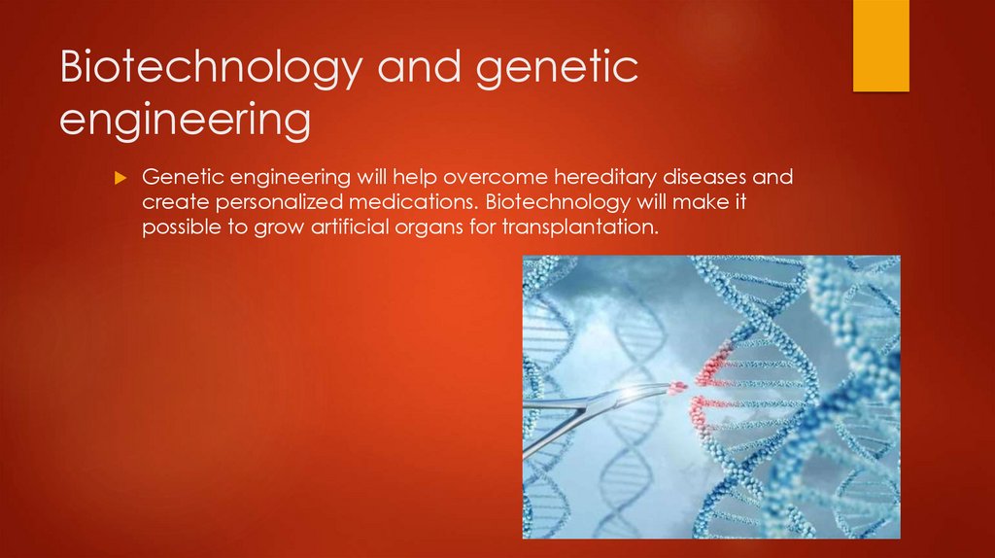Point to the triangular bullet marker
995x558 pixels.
click(121, 179)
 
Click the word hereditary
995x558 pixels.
click(608, 179)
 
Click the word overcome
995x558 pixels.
click(493, 179)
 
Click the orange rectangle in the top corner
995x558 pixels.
click(880, 46)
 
